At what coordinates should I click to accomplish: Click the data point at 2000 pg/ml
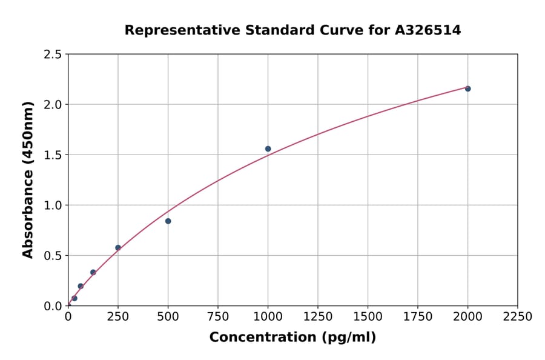(x=467, y=88)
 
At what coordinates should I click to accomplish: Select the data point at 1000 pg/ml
(x=268, y=148)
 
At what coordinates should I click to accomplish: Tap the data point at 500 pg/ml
(x=168, y=221)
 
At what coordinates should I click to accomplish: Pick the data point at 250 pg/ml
(x=118, y=248)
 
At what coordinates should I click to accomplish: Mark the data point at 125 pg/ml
(x=93, y=272)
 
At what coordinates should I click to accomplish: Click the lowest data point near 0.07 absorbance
(x=74, y=298)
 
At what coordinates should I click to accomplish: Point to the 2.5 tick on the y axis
(x=53, y=55)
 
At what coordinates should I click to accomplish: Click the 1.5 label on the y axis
(x=53, y=155)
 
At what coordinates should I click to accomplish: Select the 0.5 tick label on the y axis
(x=53, y=256)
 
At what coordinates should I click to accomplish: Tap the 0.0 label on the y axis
(x=53, y=306)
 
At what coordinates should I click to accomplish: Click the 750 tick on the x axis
(x=218, y=317)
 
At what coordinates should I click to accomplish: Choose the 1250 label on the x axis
(x=318, y=317)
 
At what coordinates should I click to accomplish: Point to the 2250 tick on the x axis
(x=518, y=317)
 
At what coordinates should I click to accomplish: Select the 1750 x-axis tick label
(x=418, y=317)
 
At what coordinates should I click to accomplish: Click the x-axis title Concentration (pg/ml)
(x=292, y=338)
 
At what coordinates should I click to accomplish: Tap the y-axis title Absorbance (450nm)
(x=28, y=180)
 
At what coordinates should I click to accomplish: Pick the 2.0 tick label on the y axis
(x=53, y=105)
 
